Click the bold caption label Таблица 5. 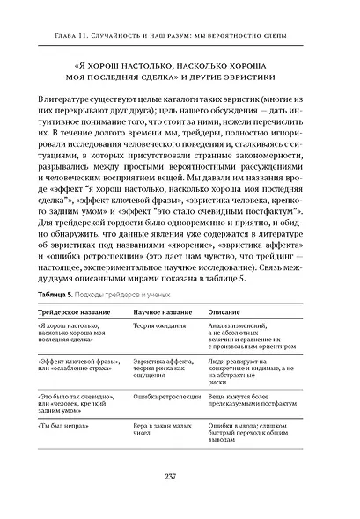[x=56, y=292]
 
